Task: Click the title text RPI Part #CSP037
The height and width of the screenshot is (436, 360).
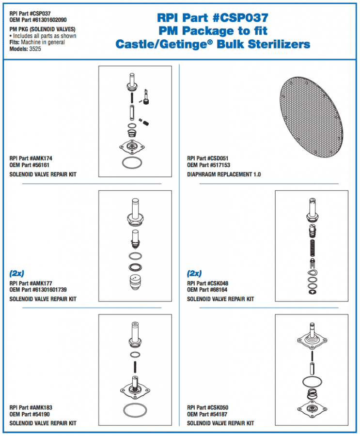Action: (x=213, y=18)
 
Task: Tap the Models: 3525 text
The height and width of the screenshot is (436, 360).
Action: (x=25, y=49)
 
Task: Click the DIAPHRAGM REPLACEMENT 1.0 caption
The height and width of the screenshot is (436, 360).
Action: (x=224, y=174)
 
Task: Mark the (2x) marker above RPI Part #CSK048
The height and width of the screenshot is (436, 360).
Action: (x=195, y=273)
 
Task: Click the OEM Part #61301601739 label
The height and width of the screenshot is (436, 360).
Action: (x=38, y=290)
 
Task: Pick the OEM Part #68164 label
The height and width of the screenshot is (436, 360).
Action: (x=207, y=290)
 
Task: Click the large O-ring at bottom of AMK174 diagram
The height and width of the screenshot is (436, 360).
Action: (x=134, y=162)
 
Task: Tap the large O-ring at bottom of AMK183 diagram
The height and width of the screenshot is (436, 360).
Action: (x=134, y=410)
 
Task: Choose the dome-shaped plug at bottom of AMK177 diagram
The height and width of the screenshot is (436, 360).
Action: (x=135, y=281)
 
